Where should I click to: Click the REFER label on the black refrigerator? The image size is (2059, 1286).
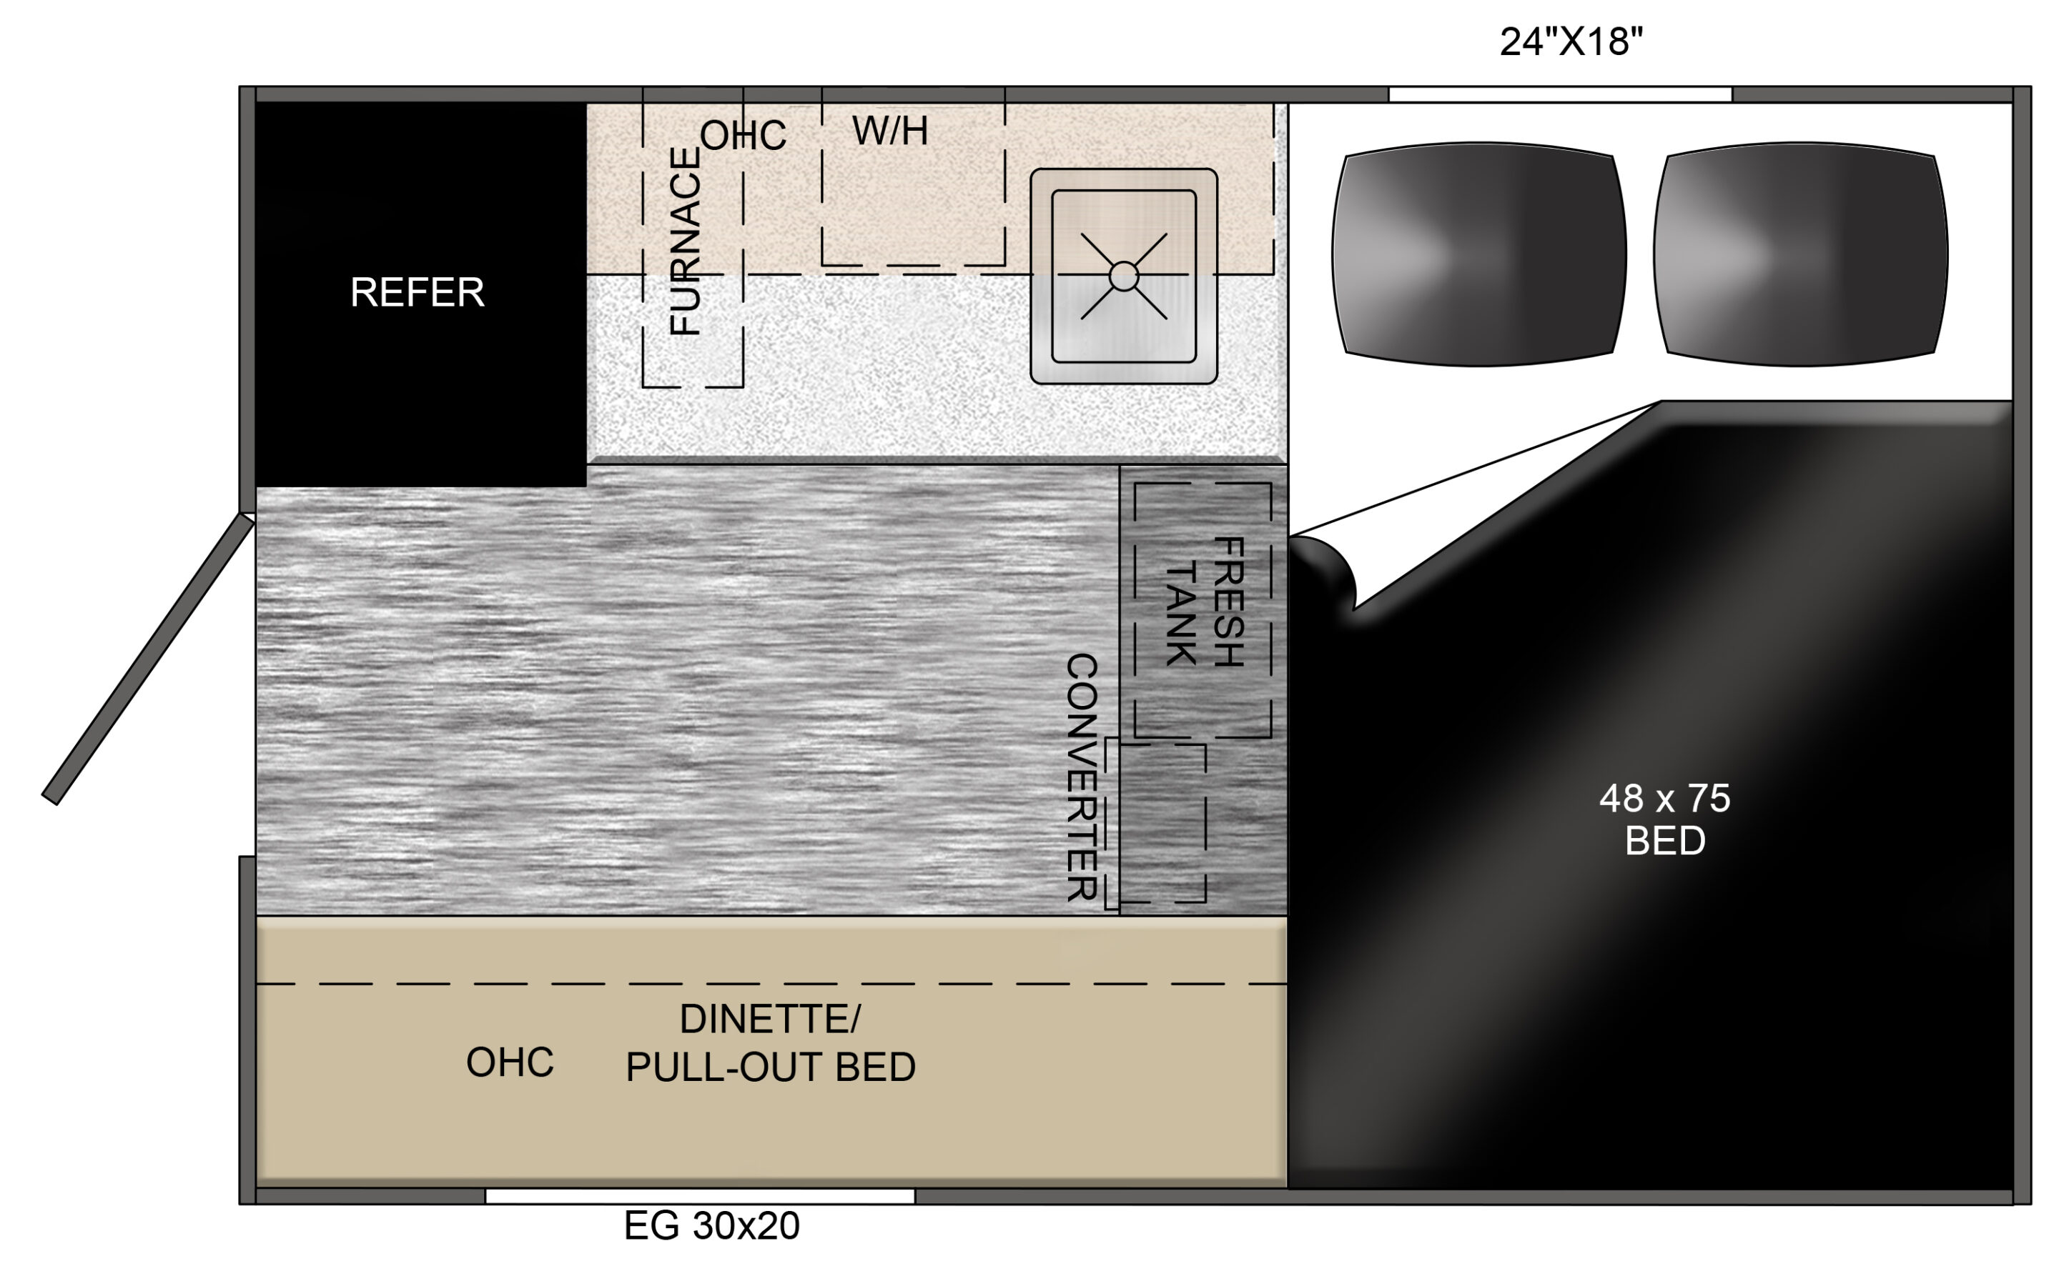(x=417, y=293)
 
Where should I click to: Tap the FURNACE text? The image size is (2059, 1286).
(x=685, y=241)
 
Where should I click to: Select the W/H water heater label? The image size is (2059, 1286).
(x=890, y=131)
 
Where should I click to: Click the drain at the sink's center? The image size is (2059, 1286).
(x=1124, y=276)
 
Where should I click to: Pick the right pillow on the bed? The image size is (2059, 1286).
(x=1800, y=254)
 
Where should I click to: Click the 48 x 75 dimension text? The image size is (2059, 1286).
(x=1664, y=799)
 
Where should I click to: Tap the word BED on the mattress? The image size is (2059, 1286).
(x=1665, y=841)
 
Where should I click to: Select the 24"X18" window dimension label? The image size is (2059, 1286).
(x=1571, y=41)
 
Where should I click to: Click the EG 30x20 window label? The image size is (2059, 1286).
(x=711, y=1225)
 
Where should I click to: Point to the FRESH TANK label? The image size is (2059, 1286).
(x=1204, y=602)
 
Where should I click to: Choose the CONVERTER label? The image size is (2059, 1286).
(x=1082, y=777)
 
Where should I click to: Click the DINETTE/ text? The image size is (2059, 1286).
(x=770, y=1019)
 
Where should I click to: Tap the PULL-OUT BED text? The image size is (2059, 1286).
(x=770, y=1067)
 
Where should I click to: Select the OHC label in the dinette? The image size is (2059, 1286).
(x=510, y=1062)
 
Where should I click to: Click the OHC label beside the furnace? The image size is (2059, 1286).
(x=743, y=136)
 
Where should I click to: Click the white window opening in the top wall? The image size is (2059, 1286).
(x=1559, y=94)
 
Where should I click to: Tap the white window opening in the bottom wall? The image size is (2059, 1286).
(x=699, y=1196)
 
